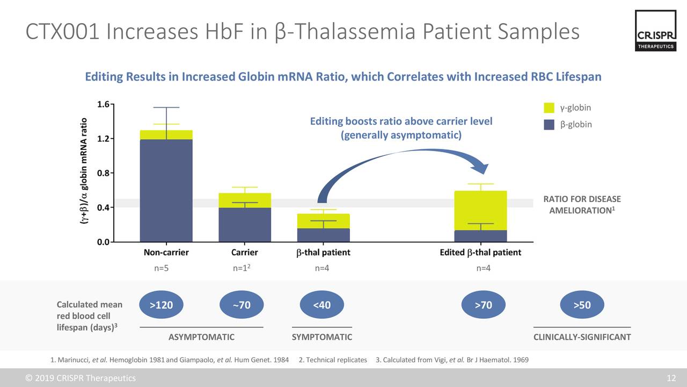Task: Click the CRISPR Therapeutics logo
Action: coord(655,31)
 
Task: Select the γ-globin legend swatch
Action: coord(549,108)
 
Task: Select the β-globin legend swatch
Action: coord(549,125)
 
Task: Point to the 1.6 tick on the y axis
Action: coord(104,104)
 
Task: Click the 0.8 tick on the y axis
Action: coord(104,173)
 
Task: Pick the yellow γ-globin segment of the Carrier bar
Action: coord(245,200)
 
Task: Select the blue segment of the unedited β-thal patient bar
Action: coord(323,235)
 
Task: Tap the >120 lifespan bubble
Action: coord(161,305)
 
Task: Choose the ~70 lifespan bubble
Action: coord(242,305)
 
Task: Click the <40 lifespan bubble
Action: coord(321,305)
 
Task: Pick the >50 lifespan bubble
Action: coord(582,305)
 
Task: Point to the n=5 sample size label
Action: coord(161,269)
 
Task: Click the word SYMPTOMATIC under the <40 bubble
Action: coord(321,337)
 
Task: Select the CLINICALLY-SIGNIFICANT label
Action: coord(582,337)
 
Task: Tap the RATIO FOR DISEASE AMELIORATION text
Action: coord(582,205)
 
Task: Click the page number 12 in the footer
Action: coord(671,378)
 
